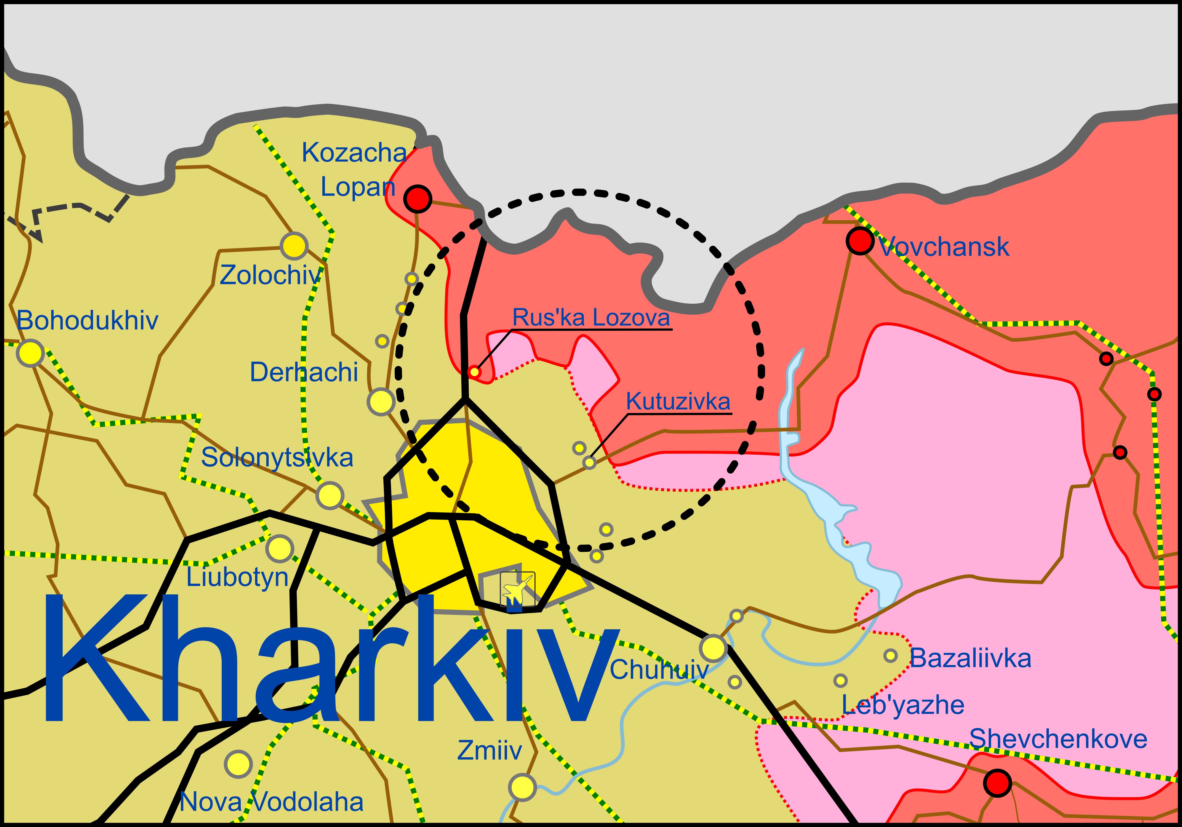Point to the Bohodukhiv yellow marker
30,353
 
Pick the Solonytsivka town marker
330,495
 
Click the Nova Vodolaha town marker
238,764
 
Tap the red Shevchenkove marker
997,783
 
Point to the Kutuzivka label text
678,401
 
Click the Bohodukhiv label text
87,321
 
